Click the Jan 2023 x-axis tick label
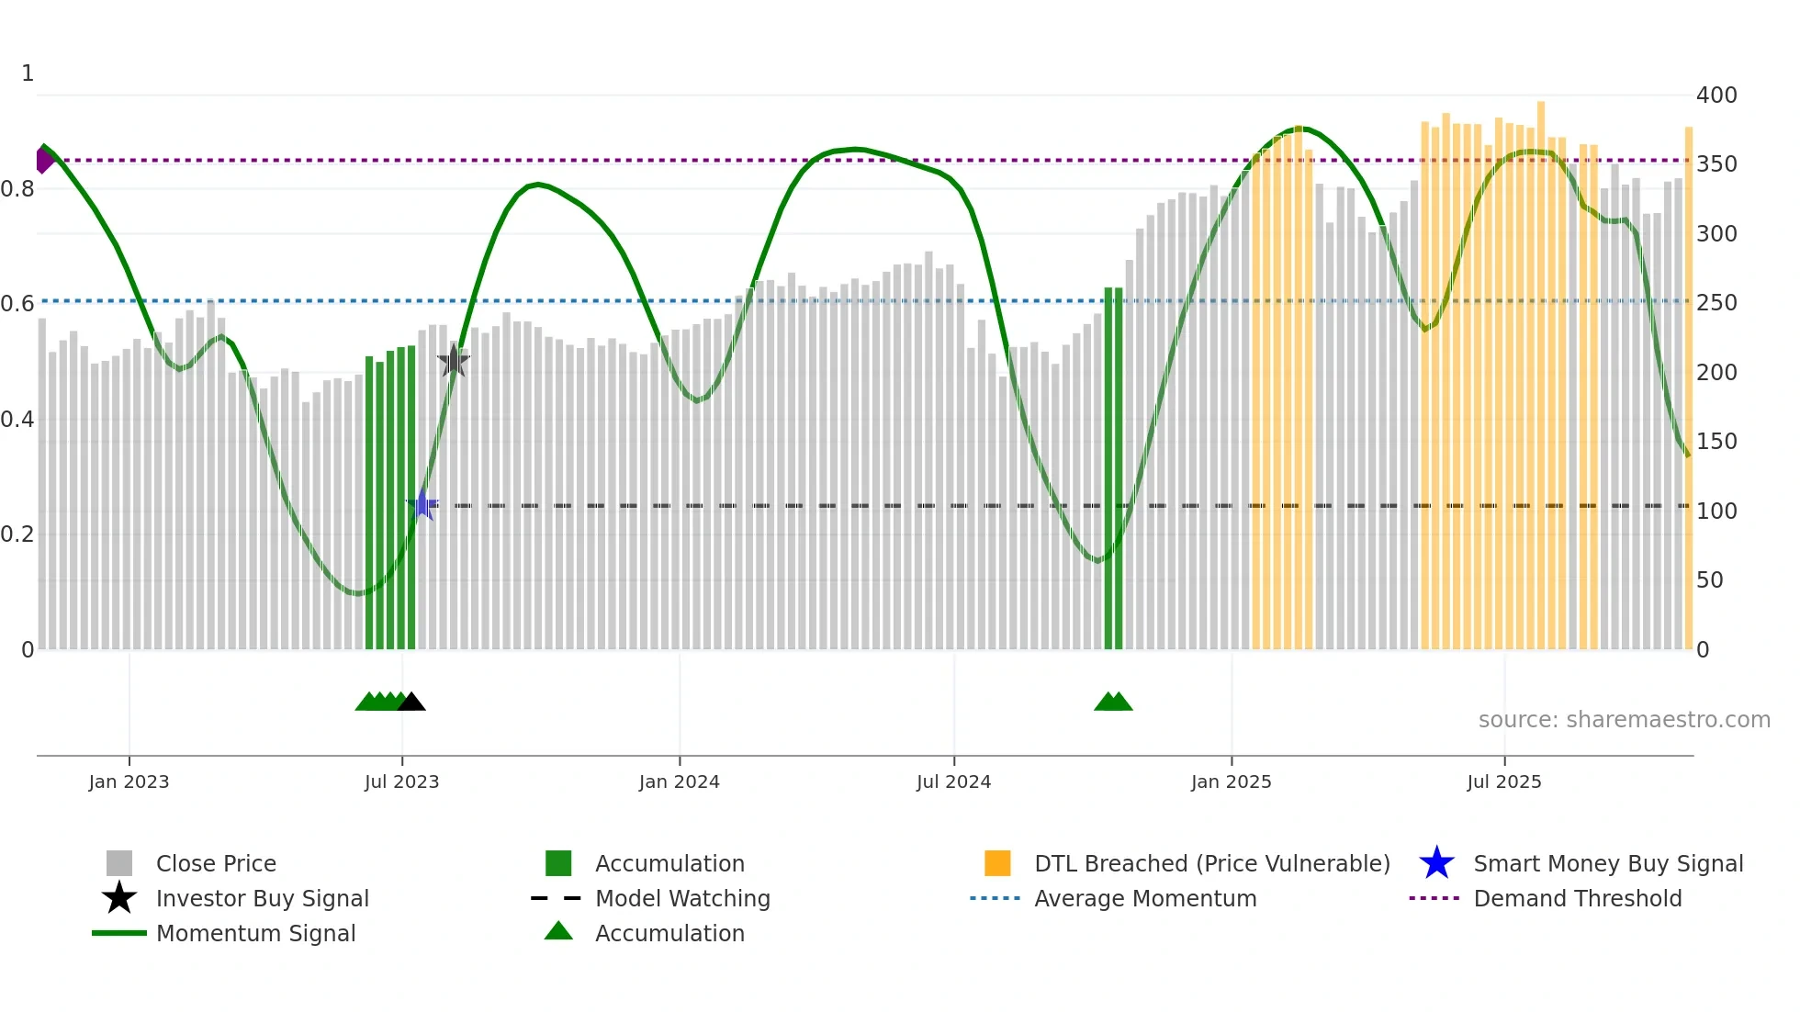click(129, 781)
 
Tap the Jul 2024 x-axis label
click(953, 781)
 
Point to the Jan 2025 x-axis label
click(1231, 781)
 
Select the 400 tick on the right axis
click(1716, 96)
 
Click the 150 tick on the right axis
click(1716, 442)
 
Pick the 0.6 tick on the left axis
click(17, 304)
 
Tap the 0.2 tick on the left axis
click(17, 534)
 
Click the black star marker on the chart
click(453, 361)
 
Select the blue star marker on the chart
click(422, 505)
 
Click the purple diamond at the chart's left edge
click(44, 160)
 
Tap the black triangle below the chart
click(411, 702)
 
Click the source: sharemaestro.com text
click(1624, 720)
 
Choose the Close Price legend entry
click(216, 863)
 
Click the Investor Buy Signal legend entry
click(262, 898)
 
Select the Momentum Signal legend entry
click(255, 933)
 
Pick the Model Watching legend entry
click(682, 898)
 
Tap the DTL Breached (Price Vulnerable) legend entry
click(1211, 863)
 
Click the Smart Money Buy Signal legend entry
click(1608, 863)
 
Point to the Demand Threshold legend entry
click(1577, 898)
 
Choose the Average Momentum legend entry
click(1145, 898)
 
